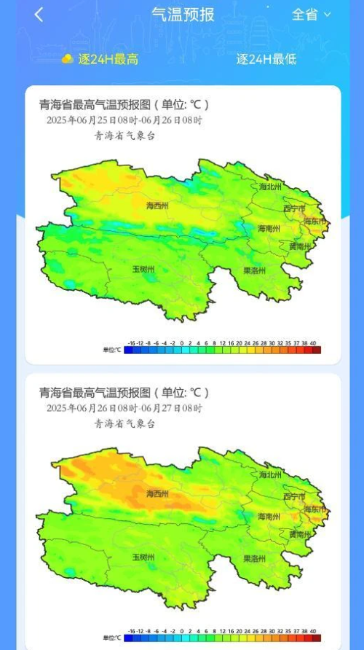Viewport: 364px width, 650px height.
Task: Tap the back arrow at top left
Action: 39,15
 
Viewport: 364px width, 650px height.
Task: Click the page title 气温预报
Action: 182,15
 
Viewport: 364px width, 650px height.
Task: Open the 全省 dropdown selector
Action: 311,15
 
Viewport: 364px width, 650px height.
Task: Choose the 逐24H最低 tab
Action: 266,59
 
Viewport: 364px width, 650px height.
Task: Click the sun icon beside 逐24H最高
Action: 68,58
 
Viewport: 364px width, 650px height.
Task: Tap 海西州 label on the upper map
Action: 157,206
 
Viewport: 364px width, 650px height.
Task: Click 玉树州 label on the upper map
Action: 143,269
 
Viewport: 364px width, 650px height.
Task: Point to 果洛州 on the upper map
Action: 254,270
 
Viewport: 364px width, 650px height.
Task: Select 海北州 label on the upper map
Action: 270,187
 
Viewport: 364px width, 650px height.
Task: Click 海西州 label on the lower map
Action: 157,494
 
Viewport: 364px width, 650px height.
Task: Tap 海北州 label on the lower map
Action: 270,474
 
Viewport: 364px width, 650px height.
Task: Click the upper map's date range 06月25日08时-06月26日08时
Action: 124,120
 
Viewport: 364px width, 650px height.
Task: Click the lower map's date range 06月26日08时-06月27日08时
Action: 124,408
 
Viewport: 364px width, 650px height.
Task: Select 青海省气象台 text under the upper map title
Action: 124,136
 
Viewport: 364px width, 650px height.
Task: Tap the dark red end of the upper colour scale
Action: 317,350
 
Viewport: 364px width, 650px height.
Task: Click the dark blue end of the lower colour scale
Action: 128,638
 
